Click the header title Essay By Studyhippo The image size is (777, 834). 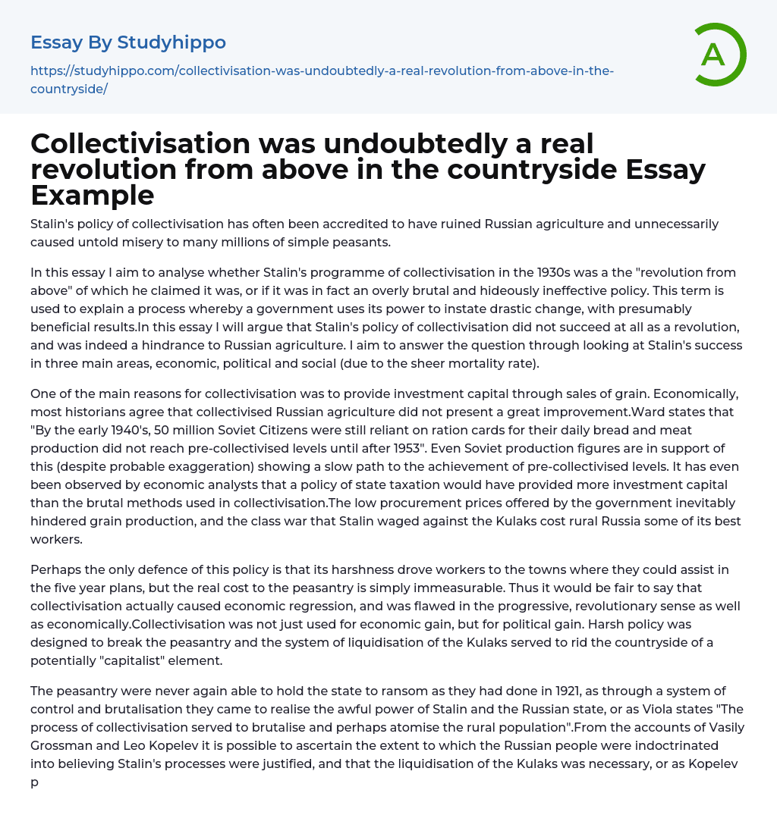(x=128, y=42)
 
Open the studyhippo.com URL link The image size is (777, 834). (x=322, y=80)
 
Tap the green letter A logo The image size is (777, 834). (x=713, y=55)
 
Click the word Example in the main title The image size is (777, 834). (x=93, y=196)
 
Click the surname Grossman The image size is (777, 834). (x=61, y=745)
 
